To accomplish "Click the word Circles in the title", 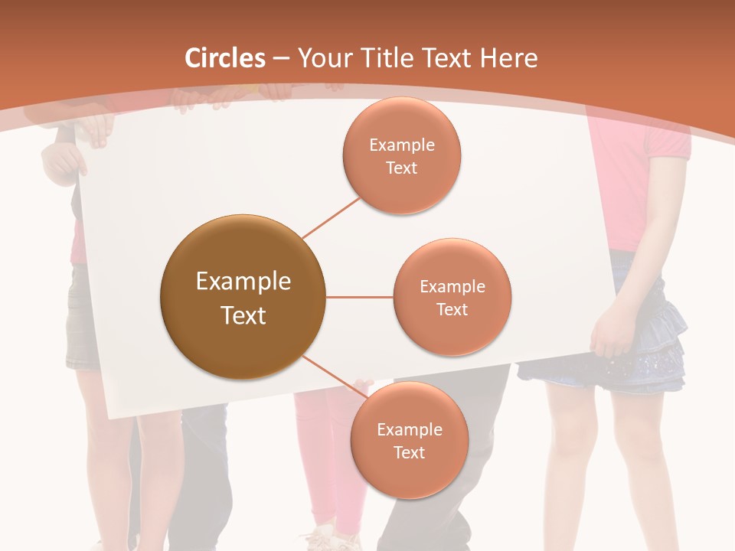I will point(224,58).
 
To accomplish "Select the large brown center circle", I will point(243,298).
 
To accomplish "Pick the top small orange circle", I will point(401,155).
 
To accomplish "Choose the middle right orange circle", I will point(452,298).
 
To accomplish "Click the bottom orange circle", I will point(409,440).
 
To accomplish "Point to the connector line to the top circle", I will point(331,217).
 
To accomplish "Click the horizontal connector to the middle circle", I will point(359,297).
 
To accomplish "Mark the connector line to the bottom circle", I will point(335,376).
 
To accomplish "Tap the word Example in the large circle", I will point(243,282).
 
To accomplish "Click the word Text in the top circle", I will point(401,168).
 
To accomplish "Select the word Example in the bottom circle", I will point(409,429).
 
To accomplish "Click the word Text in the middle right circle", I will point(452,309).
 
